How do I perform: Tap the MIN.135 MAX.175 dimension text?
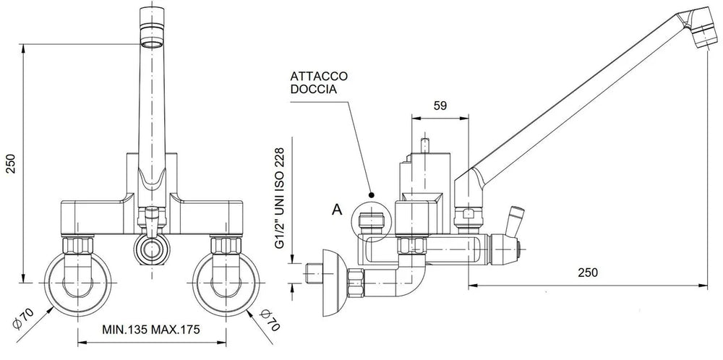[x=150, y=330]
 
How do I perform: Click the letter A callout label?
[x=335, y=210]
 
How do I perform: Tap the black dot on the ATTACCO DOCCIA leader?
[x=371, y=195]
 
